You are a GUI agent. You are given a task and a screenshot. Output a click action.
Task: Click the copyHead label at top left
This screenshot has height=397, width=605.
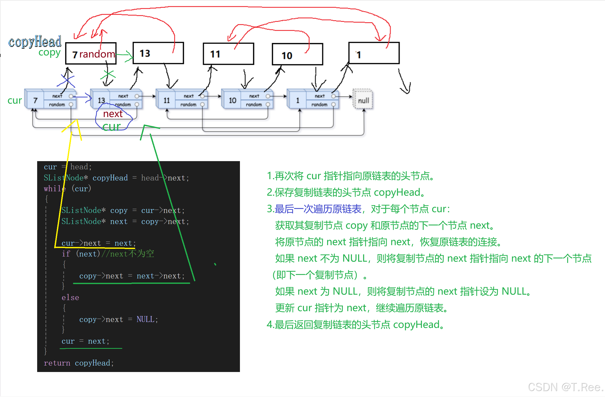coord(35,42)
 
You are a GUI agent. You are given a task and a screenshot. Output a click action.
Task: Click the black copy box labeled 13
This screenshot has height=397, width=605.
coord(158,53)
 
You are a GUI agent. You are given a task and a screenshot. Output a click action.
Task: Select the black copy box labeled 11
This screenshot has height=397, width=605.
coord(228,54)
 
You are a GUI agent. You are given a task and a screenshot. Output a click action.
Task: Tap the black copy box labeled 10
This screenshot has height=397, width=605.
coord(297,54)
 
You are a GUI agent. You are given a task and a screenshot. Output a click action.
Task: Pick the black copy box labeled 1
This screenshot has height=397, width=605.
coord(374,53)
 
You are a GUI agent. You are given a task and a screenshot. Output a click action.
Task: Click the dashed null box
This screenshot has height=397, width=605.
coord(363,100)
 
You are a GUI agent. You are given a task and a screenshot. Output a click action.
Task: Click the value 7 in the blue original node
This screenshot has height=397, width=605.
coord(35,100)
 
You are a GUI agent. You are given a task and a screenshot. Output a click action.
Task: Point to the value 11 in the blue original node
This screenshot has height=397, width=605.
coord(166,100)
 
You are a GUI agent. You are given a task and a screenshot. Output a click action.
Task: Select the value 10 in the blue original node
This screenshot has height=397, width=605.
coord(232,100)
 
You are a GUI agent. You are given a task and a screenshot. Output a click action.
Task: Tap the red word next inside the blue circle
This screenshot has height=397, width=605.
coord(113,114)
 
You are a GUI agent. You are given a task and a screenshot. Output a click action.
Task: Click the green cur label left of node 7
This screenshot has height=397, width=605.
coord(15,100)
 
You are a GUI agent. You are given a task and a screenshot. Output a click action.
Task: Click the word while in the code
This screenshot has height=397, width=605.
coord(54,189)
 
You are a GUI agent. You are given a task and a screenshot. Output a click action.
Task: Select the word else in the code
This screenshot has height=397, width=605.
coord(70,297)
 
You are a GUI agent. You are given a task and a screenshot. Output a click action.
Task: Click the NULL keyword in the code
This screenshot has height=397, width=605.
coord(145,319)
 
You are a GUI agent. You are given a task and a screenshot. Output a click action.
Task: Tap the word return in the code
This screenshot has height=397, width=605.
coord(57,363)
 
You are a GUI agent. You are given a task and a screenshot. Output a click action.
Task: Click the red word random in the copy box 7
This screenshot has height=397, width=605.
coord(97,54)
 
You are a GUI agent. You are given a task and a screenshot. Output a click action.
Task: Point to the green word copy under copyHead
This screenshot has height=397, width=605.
coord(49,53)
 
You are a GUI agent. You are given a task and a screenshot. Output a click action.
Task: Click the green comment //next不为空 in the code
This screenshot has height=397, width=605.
coord(128,254)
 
